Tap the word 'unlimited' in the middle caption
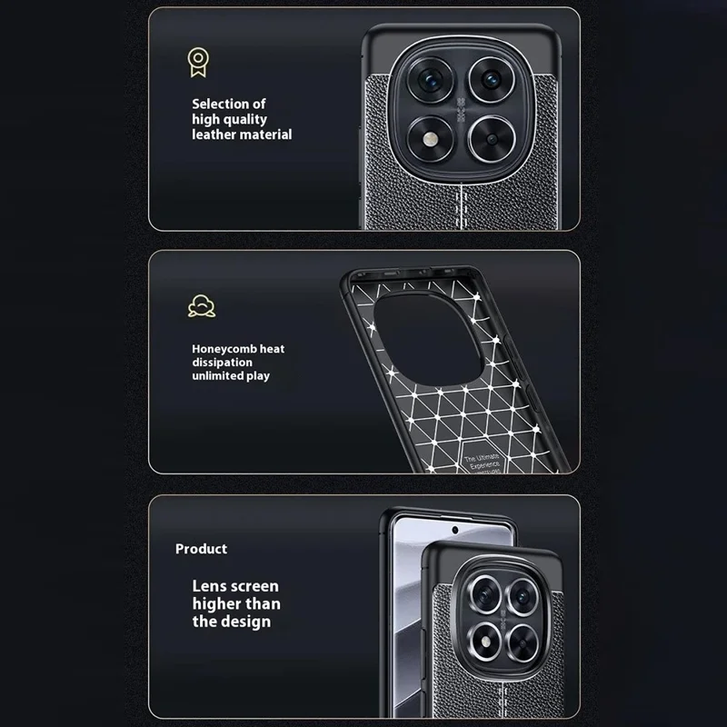pos(215,375)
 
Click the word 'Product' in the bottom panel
pos(201,549)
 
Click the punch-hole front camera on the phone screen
pos(452,526)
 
